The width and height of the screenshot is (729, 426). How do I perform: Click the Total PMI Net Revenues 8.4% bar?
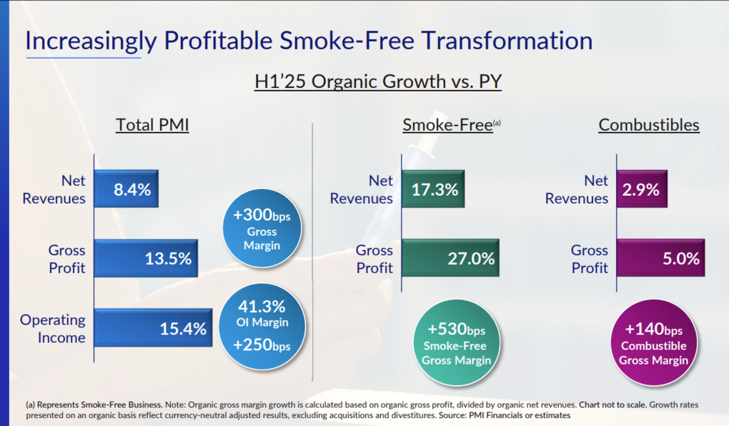[126, 189]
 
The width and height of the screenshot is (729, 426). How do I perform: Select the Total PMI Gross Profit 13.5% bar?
[146, 258]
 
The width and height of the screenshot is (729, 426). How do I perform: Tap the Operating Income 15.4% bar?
[153, 328]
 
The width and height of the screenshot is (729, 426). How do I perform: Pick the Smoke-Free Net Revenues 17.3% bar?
[433, 189]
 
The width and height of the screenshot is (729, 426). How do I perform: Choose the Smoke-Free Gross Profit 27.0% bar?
[450, 258]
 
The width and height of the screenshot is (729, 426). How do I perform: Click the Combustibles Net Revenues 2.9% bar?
[642, 189]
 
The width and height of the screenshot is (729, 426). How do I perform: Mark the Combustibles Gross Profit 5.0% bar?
[660, 258]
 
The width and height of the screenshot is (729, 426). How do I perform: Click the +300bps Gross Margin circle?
[262, 228]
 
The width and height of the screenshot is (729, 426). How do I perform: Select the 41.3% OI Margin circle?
[262, 327]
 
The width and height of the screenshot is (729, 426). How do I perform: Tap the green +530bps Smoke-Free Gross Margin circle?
[456, 343]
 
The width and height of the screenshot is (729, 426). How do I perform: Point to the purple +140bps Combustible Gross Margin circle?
[654, 343]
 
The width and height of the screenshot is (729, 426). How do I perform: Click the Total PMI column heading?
[152, 124]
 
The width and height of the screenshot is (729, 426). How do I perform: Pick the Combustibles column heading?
[649, 124]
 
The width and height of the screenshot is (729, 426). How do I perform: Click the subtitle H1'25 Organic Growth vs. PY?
[378, 81]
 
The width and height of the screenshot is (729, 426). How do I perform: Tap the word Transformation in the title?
[507, 41]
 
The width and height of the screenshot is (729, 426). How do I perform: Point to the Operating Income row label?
[53, 328]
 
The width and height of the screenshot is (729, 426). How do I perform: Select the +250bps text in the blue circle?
[262, 345]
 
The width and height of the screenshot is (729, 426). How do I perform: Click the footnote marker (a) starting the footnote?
[30, 405]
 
